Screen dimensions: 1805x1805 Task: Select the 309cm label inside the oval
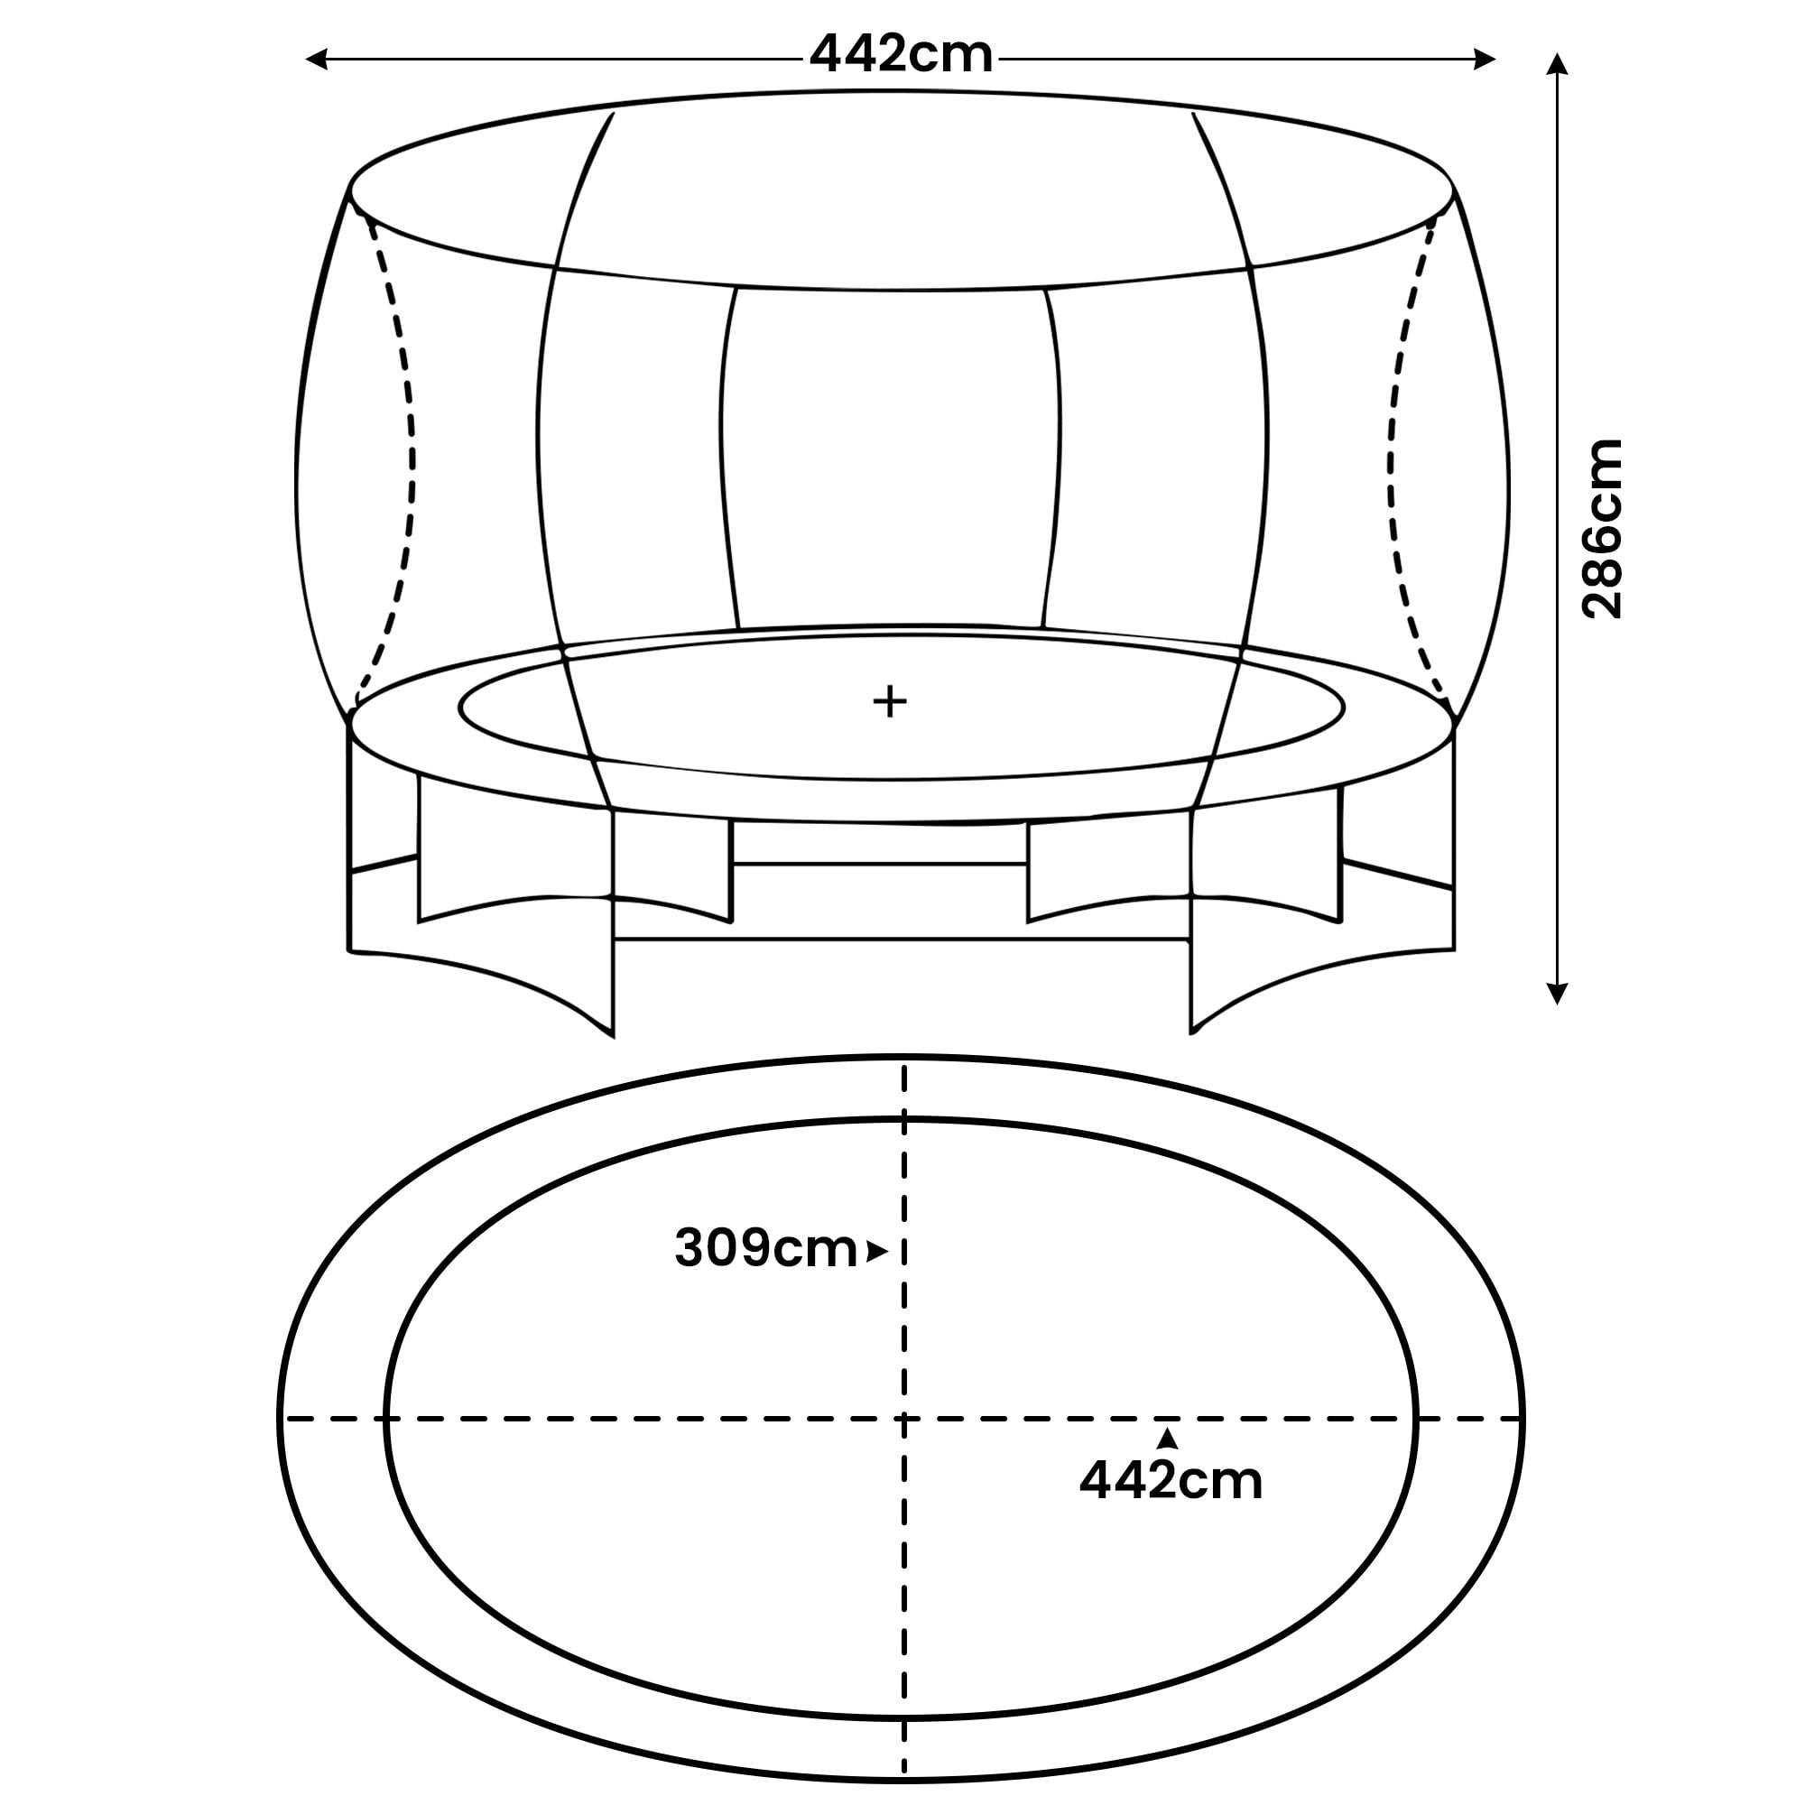765,1248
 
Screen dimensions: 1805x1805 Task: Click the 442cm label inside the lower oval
1171,1481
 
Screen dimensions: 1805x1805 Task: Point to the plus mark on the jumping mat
890,700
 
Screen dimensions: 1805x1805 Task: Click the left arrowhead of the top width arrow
316,60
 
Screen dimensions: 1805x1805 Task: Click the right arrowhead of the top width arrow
1486,60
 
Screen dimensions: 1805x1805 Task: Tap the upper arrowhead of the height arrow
1557,63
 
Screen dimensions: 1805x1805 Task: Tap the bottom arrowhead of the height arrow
1557,994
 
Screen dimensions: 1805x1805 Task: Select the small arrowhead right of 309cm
876,1252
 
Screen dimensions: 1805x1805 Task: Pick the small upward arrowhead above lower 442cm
1167,1438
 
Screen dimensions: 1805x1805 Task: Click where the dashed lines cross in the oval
903,1419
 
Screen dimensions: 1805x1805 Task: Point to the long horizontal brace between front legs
901,938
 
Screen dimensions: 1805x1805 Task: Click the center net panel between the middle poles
892,458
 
